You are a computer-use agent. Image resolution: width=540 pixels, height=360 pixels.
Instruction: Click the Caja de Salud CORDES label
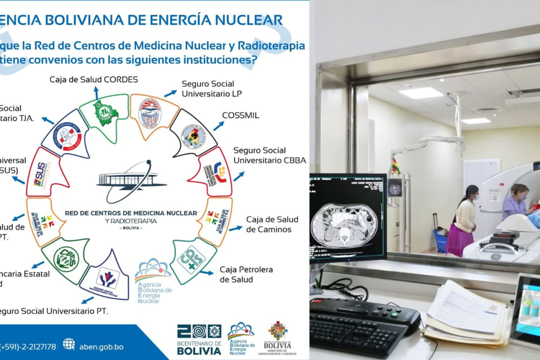94,79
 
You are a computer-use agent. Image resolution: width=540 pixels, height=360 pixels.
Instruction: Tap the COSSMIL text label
241,116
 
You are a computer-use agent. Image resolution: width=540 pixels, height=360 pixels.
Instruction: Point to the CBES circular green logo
66,259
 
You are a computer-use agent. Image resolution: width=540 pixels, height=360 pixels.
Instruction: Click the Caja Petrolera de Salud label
246,274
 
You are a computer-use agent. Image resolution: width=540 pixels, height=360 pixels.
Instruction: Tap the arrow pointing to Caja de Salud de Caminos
235,228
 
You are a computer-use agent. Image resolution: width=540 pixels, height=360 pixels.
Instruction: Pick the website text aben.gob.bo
102,347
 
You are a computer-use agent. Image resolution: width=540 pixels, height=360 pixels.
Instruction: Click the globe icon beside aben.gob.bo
69,344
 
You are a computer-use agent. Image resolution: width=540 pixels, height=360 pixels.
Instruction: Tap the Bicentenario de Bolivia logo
199,339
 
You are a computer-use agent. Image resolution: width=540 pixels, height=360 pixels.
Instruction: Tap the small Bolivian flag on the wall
394,167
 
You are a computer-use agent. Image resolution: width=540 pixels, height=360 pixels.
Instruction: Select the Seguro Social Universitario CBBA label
269,155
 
